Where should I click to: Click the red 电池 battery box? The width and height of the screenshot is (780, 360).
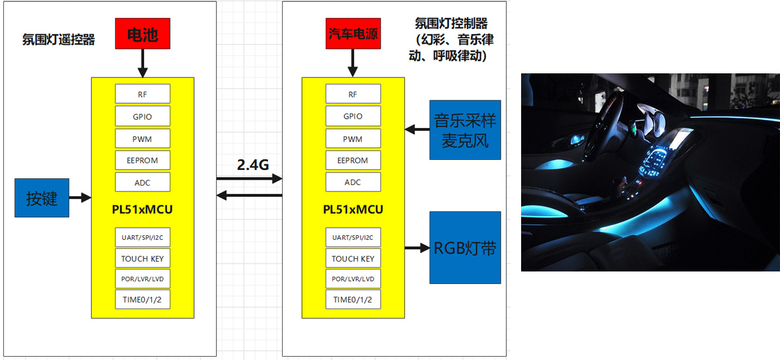(x=143, y=34)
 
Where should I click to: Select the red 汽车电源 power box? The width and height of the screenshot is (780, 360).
(x=353, y=34)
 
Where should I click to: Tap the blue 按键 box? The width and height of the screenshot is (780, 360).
(x=42, y=198)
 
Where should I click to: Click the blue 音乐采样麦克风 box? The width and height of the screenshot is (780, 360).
(x=464, y=130)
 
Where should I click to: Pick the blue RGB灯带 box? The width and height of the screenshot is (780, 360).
(x=464, y=248)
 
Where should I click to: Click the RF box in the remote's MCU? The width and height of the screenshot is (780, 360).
(x=142, y=94)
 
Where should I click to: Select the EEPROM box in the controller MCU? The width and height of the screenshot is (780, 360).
(x=353, y=161)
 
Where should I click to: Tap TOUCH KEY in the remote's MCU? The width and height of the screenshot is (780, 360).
(x=142, y=258)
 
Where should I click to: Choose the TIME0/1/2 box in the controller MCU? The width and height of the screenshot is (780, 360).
(x=353, y=299)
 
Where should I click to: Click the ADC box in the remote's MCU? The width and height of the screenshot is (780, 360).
(x=142, y=182)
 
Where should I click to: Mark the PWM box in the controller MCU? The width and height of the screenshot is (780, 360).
(x=353, y=139)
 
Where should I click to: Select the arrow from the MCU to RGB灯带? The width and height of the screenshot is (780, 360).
(x=416, y=248)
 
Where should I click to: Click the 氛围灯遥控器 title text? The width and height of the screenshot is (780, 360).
(x=59, y=40)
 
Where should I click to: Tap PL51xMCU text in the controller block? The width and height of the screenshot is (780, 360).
(x=353, y=210)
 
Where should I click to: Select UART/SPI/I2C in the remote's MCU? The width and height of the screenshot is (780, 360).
(x=142, y=238)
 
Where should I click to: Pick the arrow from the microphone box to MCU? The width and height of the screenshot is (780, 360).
(x=417, y=129)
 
